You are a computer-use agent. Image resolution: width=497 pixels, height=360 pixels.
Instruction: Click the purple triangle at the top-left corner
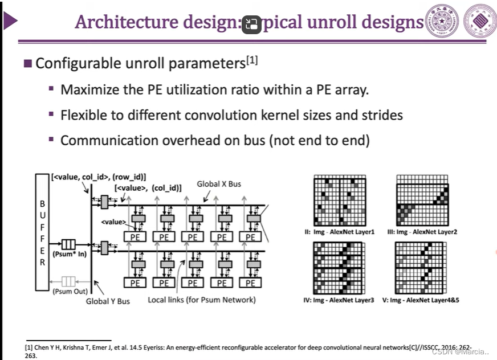(10, 22)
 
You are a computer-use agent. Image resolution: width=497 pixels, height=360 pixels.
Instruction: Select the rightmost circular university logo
(480, 22)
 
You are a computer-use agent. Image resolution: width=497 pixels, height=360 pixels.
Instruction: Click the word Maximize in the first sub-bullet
(88, 90)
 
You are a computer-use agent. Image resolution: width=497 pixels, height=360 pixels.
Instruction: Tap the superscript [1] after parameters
(252, 59)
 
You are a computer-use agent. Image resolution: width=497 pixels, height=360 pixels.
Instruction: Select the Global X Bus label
(219, 184)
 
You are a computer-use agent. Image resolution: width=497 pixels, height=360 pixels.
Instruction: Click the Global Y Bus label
(108, 301)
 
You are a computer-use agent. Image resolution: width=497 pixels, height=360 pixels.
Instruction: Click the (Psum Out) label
(68, 292)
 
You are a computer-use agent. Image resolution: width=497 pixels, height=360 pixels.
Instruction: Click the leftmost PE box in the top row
(135, 237)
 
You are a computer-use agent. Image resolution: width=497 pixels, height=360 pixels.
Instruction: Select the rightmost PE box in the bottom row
(251, 283)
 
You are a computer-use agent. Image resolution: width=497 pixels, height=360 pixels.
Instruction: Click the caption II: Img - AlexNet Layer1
(340, 232)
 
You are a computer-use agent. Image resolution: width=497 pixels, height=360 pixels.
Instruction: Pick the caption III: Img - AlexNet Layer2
(422, 232)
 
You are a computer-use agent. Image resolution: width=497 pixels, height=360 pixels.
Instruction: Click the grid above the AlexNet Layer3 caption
(338, 268)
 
